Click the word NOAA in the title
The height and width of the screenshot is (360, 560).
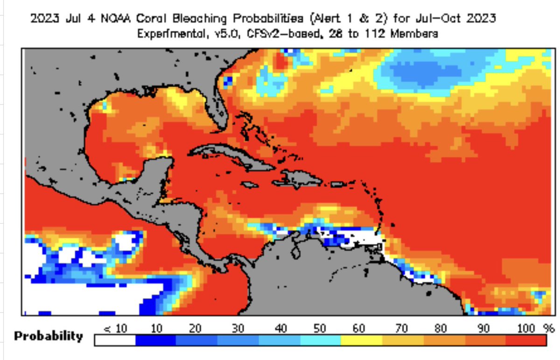(116, 19)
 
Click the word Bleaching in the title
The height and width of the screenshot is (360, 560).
(200, 19)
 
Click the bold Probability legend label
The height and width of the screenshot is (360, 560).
(49, 336)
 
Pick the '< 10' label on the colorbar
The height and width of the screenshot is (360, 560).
(115, 328)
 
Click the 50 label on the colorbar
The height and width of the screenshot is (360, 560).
(320, 328)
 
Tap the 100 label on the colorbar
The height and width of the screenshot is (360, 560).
(526, 328)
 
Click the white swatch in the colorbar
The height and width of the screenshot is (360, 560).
(115, 340)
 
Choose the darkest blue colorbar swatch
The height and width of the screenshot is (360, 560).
(156, 340)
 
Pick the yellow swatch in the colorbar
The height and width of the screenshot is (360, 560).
(362, 340)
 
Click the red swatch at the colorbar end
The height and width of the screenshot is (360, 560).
(526, 340)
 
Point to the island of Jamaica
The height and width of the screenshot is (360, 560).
(249, 185)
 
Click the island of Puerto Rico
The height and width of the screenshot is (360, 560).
(338, 184)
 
